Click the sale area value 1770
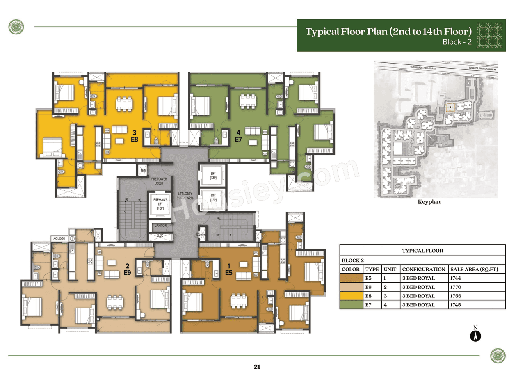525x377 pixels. point(457,287)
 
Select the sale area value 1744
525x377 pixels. point(457,278)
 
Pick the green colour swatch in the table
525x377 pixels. point(351,305)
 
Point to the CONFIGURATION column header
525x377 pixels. point(423,270)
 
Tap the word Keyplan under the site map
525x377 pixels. point(429,202)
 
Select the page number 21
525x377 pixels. point(257,367)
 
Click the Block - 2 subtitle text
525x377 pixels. point(457,42)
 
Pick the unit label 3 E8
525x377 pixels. point(134,136)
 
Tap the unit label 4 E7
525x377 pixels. point(238,136)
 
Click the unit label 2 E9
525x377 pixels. point(128,269)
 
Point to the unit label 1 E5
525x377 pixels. point(228,269)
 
